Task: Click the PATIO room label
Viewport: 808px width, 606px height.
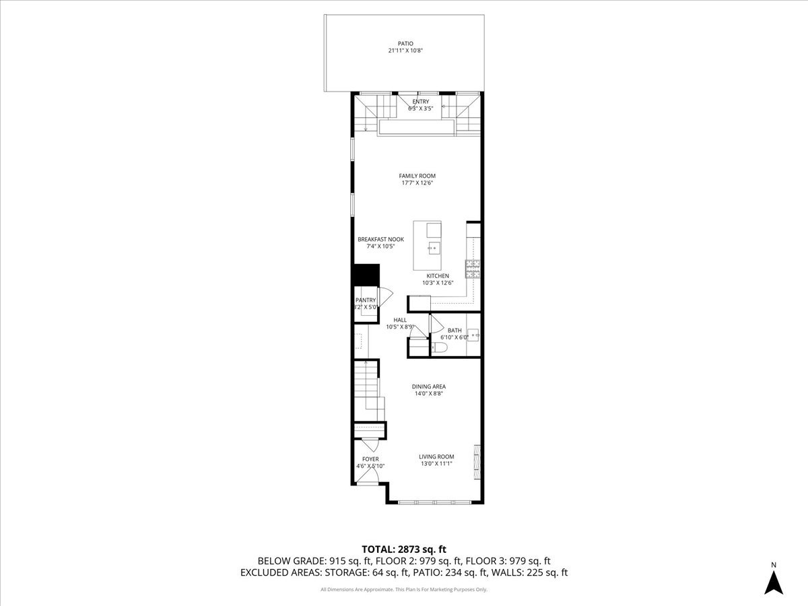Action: pos(405,43)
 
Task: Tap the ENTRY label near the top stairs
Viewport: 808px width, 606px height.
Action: pos(421,102)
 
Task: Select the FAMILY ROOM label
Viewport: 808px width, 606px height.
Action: pos(417,176)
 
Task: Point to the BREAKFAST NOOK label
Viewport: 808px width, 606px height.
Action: pos(380,239)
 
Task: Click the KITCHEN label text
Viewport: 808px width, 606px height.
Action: pos(437,276)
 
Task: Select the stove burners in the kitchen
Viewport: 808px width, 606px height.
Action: pos(473,269)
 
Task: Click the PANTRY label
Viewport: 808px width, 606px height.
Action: pos(366,300)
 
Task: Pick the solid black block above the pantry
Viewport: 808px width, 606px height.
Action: pos(366,275)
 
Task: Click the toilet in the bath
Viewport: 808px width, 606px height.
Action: pos(440,347)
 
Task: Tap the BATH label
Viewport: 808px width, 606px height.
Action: pos(454,330)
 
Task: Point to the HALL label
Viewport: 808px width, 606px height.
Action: pos(400,320)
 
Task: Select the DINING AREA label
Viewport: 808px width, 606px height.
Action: pos(429,386)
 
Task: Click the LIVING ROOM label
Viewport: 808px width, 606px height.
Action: pos(436,457)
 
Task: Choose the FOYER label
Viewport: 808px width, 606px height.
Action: pos(370,459)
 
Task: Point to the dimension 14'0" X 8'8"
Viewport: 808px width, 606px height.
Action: pos(429,394)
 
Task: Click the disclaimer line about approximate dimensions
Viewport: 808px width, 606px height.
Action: pos(404,590)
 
